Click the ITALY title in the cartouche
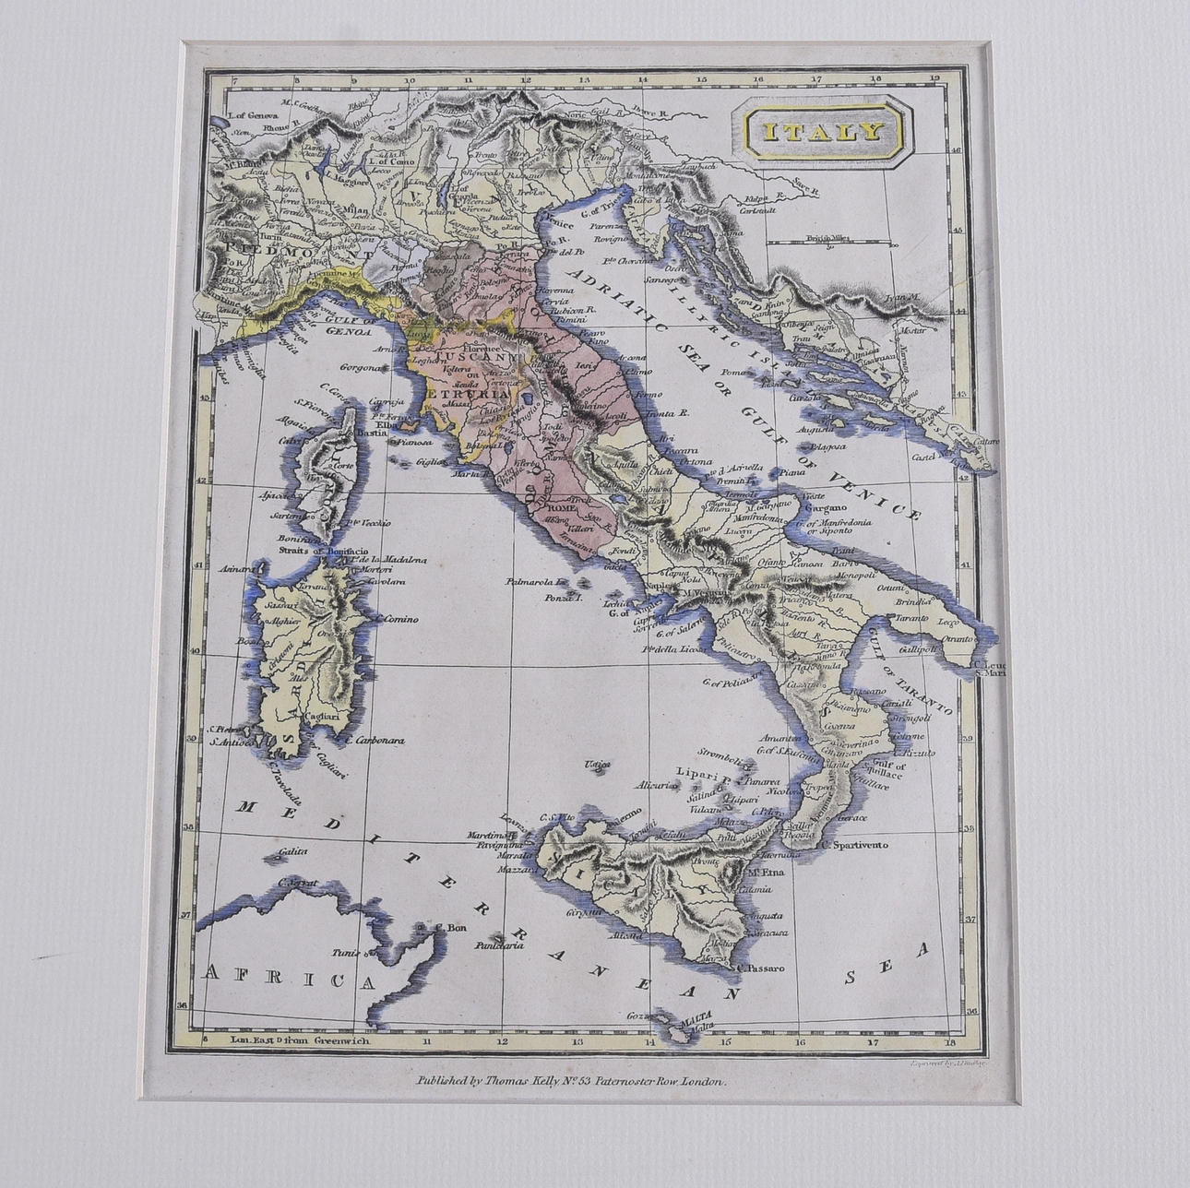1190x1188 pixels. [820, 131]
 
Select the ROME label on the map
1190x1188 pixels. [561, 507]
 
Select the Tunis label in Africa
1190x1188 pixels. [346, 953]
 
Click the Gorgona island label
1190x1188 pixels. [361, 367]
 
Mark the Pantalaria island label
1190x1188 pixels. [498, 945]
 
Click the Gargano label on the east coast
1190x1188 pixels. [824, 507]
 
